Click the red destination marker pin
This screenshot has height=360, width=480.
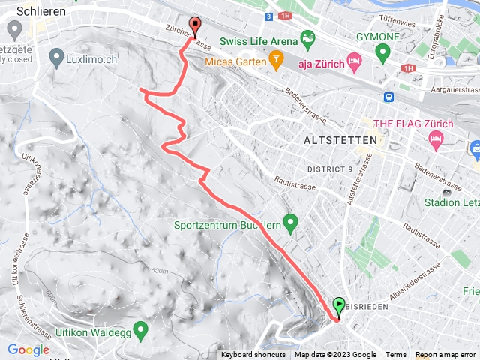[196, 25]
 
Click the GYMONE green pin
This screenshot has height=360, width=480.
[382, 52]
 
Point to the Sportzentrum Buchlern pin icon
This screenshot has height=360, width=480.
[292, 223]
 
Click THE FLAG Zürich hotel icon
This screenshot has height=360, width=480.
[436, 139]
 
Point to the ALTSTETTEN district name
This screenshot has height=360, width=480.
[334, 140]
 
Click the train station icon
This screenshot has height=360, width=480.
[389, 96]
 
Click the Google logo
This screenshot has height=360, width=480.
[28, 349]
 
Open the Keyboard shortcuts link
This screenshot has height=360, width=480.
[253, 355]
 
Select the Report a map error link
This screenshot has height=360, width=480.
[447, 355]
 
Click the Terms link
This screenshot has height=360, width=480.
[396, 355]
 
